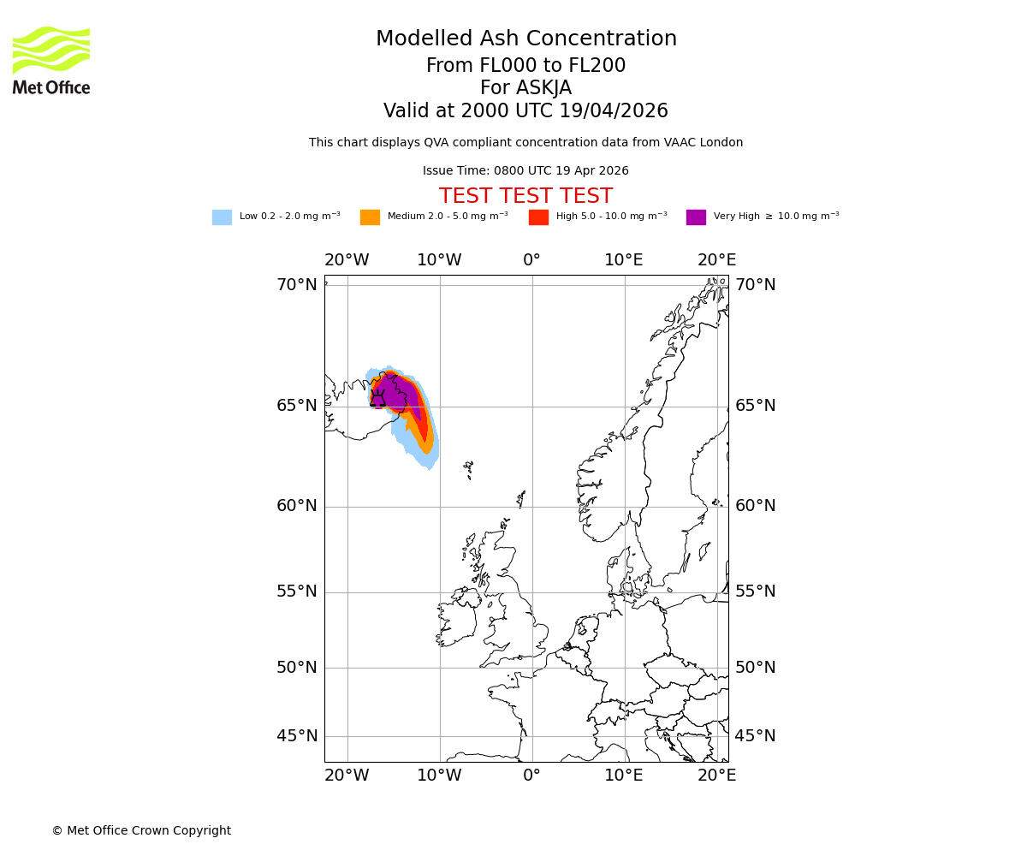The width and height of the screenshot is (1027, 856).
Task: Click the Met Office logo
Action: tap(51, 60)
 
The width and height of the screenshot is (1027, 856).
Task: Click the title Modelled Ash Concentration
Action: tap(525, 39)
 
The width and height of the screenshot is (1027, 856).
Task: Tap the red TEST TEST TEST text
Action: tap(525, 197)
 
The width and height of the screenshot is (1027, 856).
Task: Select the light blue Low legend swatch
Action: tap(222, 217)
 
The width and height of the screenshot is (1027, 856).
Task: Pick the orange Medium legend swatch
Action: tap(370, 217)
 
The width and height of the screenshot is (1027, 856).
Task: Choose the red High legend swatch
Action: tap(538, 217)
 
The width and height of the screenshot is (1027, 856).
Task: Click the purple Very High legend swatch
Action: tap(696, 217)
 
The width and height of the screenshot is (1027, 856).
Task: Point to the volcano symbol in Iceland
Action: tap(377, 399)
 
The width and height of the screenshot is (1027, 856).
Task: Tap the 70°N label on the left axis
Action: tap(296, 285)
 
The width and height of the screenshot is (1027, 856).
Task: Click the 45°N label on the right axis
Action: tap(755, 736)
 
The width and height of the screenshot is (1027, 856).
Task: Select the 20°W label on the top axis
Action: tap(347, 260)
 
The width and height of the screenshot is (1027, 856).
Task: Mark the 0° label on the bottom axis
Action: tap(531, 776)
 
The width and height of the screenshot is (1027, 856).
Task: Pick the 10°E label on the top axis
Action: tap(624, 260)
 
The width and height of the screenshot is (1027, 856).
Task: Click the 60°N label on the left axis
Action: tap(296, 506)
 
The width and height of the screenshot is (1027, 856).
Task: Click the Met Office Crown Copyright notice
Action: tap(141, 831)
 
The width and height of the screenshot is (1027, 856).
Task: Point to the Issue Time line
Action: tap(525, 171)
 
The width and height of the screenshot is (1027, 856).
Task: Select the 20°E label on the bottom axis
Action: tap(716, 776)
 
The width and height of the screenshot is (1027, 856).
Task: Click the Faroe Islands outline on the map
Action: tap(468, 470)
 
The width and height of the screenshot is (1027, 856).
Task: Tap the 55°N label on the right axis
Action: tap(755, 591)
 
